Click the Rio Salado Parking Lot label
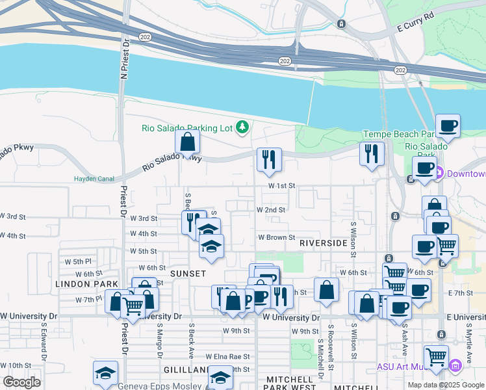(x=187, y=128)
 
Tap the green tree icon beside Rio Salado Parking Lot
(x=242, y=126)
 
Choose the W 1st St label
(x=282, y=186)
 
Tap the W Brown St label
(x=276, y=238)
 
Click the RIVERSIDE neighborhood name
(x=323, y=242)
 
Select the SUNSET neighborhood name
(x=188, y=274)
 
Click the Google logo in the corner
(x=21, y=382)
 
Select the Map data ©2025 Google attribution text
(x=446, y=385)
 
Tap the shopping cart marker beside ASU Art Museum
(x=435, y=356)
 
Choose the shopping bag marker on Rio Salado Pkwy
(x=187, y=142)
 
